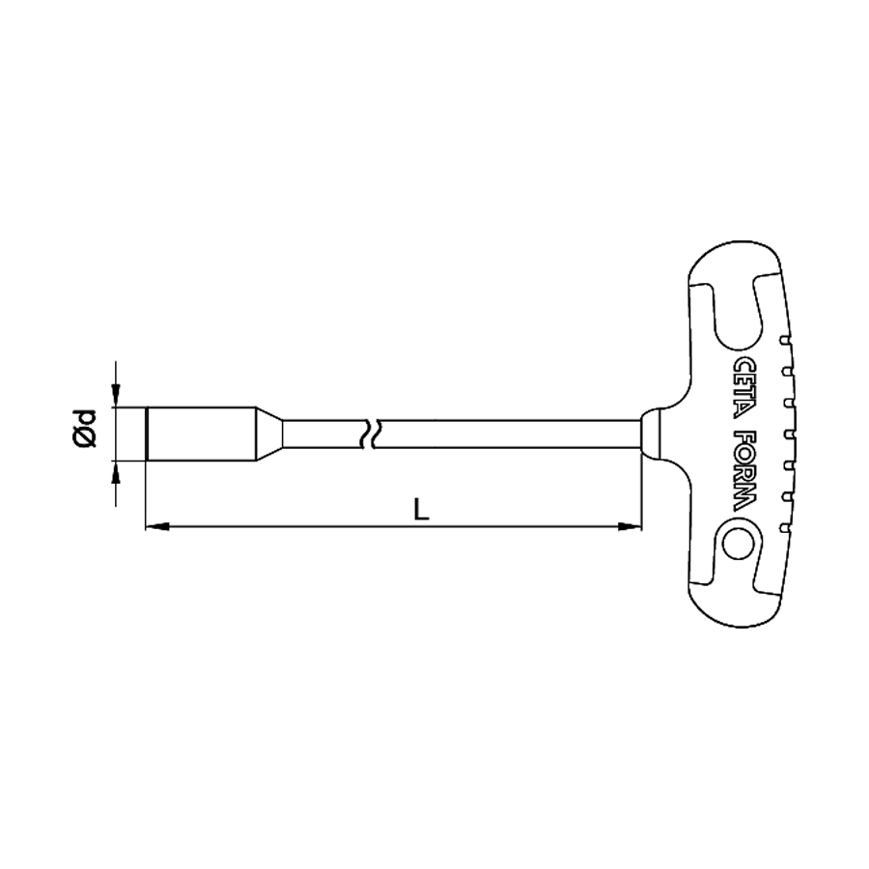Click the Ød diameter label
[x=84, y=429]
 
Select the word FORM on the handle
[x=743, y=471]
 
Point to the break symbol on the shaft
[x=370, y=434]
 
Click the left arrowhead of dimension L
[x=156, y=526]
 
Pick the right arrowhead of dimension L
[x=630, y=526]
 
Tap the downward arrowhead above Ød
[x=115, y=396]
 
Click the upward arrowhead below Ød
[x=115, y=472]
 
